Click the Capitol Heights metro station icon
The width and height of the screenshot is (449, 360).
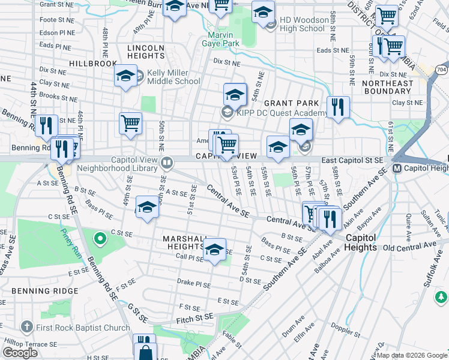(x=397, y=169)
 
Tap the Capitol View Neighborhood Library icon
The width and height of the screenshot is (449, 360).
(x=167, y=161)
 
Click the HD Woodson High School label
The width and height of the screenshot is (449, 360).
(x=302, y=25)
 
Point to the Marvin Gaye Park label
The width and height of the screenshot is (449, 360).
(x=219, y=39)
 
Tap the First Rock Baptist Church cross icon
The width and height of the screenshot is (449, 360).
(x=26, y=327)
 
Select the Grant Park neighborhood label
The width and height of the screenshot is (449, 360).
(x=291, y=103)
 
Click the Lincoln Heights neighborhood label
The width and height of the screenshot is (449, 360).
(x=145, y=52)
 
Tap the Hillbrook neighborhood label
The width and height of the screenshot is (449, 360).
(x=92, y=63)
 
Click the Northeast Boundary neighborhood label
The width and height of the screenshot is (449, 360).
(x=388, y=88)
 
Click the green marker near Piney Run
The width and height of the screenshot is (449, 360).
(x=100, y=241)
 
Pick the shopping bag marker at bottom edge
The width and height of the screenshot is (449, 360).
(x=145, y=351)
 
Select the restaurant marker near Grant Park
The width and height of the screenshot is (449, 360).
(x=338, y=108)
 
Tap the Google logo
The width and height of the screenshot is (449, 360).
(x=20, y=353)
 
